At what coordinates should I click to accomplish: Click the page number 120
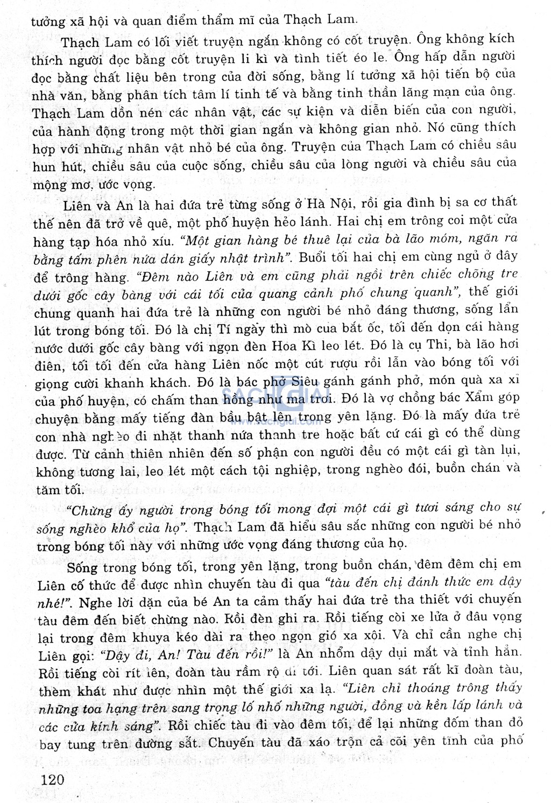pyautogui.click(x=52, y=780)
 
